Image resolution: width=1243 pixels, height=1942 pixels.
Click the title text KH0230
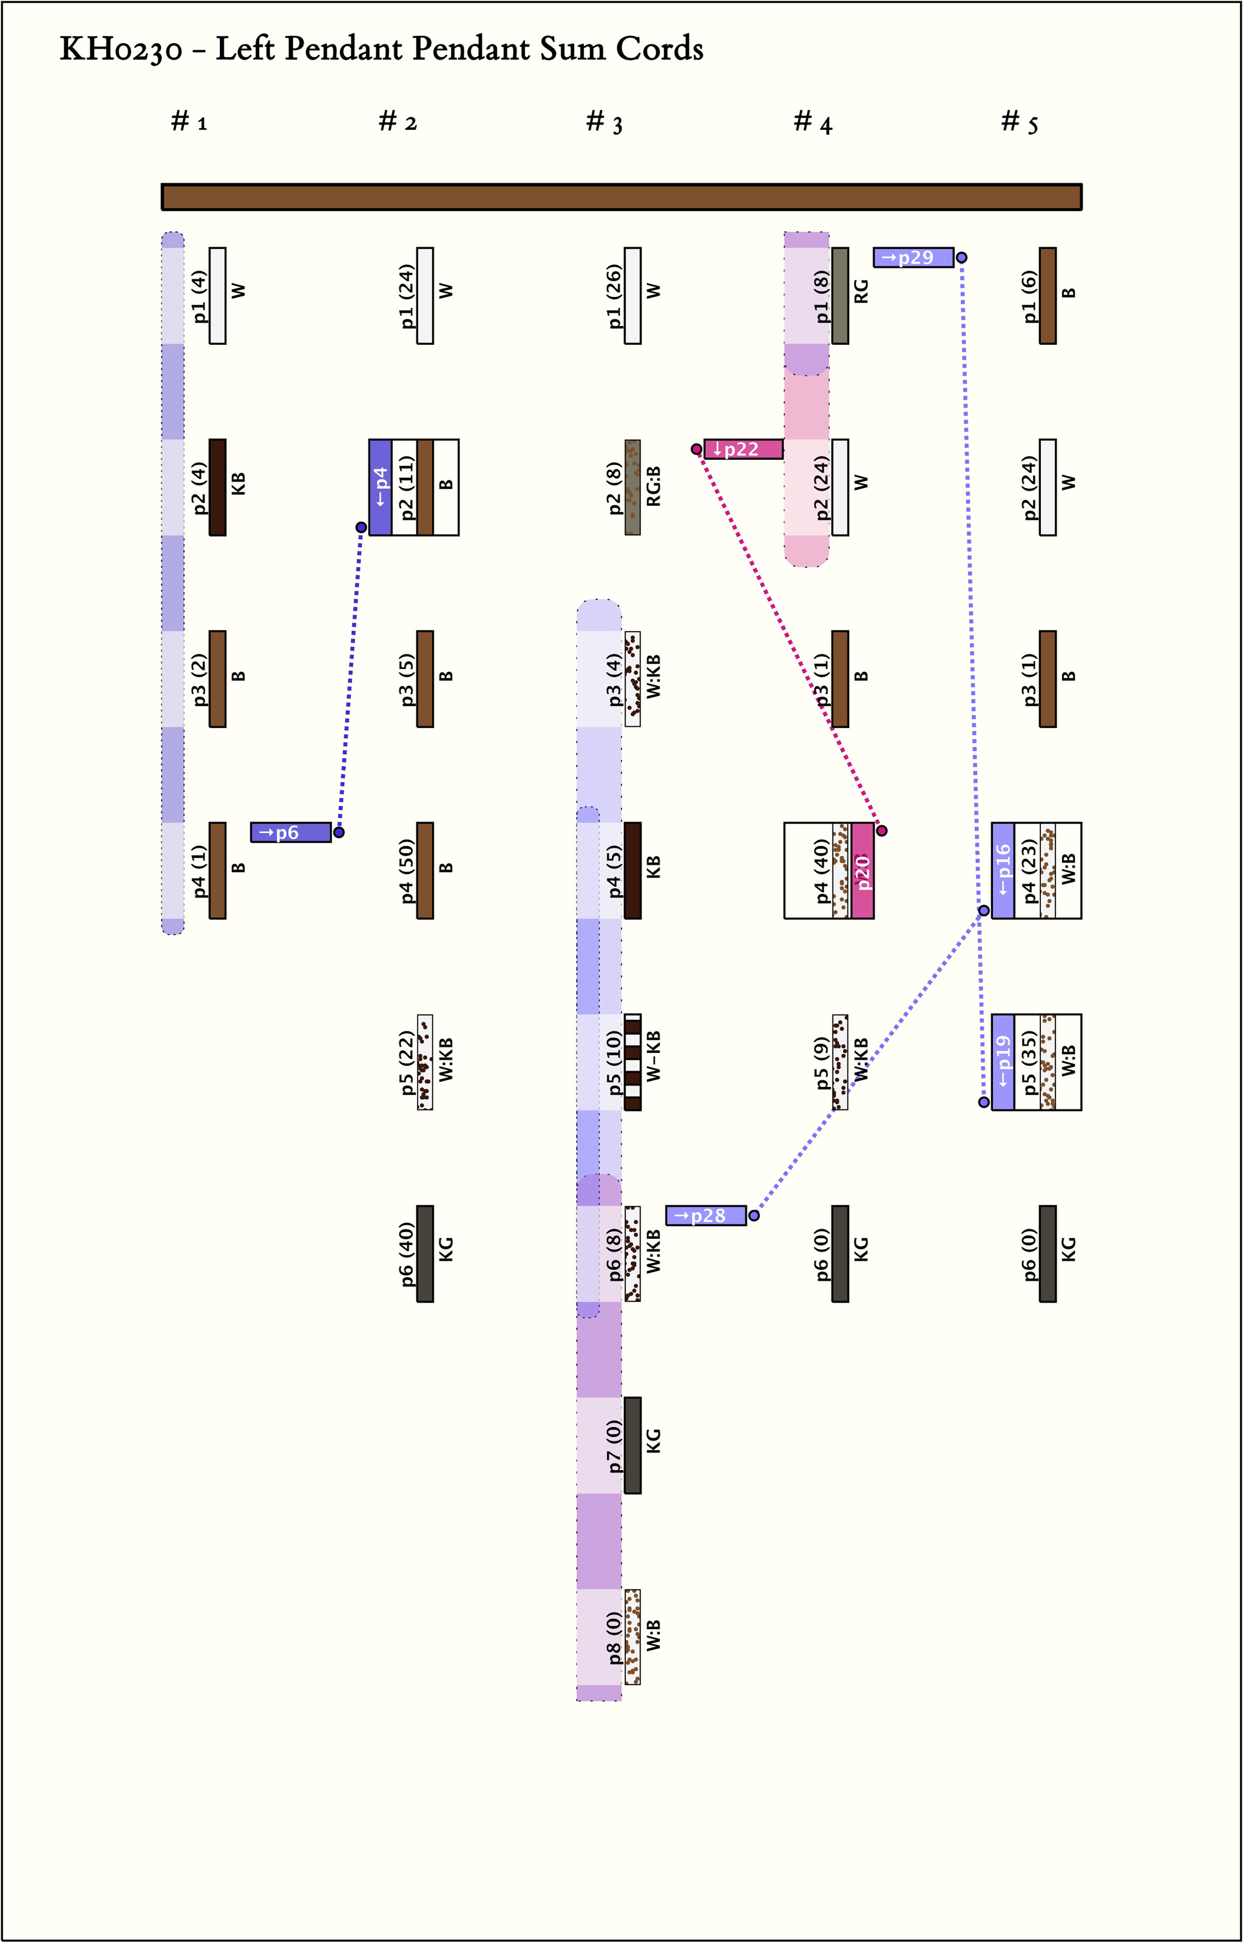[121, 50]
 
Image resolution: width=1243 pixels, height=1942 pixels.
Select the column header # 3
[604, 122]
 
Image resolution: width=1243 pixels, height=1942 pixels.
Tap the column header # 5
[1020, 122]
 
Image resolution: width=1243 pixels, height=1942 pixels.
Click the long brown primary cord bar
[621, 197]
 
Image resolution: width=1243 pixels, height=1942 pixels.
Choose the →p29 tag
[913, 257]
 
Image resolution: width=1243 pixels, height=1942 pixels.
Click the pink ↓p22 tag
[742, 449]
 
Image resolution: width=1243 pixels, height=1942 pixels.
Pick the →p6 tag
[291, 833]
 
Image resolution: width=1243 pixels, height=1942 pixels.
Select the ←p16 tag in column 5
[1003, 870]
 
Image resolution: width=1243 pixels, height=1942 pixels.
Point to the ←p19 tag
[1003, 1062]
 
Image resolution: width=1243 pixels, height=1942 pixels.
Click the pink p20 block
[862, 870]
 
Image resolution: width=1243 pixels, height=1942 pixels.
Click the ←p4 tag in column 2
[380, 487]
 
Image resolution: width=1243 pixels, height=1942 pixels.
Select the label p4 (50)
[406, 870]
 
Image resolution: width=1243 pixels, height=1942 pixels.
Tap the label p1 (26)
[614, 296]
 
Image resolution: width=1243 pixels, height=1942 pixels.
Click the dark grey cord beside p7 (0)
[633, 1445]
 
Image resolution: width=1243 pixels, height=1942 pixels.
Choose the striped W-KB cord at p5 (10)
[633, 1062]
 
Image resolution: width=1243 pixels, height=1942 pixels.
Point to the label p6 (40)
[406, 1254]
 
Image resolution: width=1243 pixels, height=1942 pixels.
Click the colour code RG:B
[654, 487]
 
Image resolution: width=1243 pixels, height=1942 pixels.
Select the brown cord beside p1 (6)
[1048, 296]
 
